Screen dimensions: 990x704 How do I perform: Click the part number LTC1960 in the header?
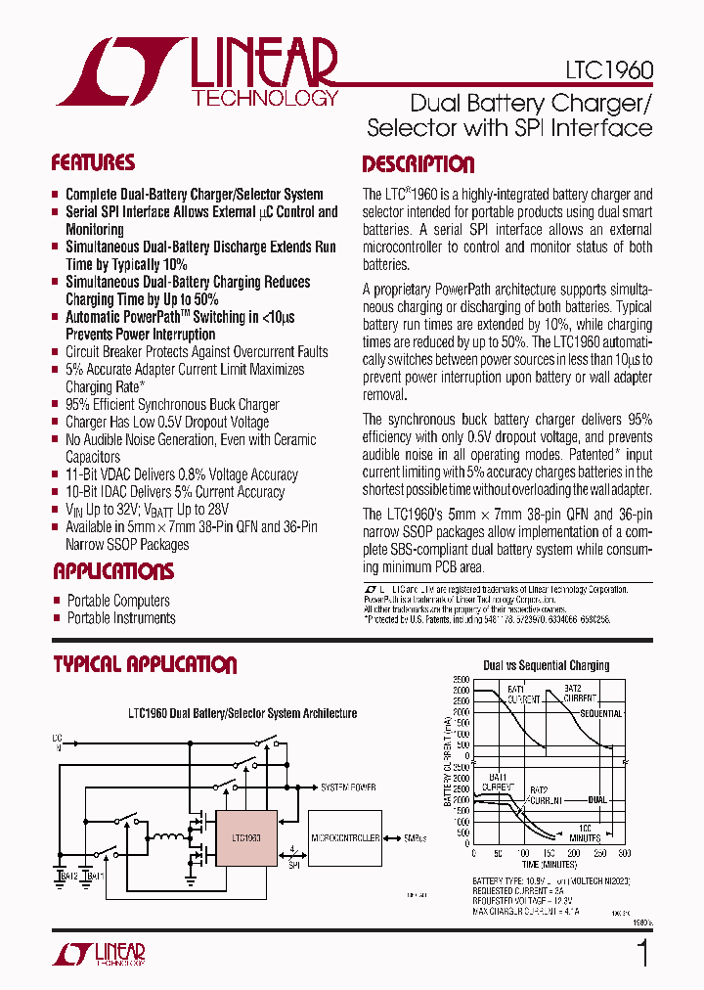click(x=608, y=71)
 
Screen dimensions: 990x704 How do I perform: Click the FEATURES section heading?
click(x=93, y=162)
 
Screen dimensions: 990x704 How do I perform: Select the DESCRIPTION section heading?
click(x=418, y=164)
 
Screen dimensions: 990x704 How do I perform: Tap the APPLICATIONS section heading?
click(x=112, y=571)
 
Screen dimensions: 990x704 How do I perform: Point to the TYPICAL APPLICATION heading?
click(x=145, y=665)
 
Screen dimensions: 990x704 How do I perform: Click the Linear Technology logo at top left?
click(x=196, y=72)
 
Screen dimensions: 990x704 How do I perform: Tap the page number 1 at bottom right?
click(x=641, y=953)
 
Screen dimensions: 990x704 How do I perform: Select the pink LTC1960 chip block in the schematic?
click(x=245, y=838)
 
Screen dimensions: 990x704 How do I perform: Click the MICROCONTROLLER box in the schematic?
click(x=344, y=838)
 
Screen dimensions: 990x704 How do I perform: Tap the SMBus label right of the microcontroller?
click(x=417, y=838)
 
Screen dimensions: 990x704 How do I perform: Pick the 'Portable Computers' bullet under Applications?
click(x=118, y=601)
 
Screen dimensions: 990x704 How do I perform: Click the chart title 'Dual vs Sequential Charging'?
click(x=546, y=665)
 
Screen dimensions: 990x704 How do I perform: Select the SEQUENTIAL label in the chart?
click(x=600, y=713)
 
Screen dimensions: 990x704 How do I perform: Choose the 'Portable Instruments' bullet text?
click(x=121, y=618)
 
